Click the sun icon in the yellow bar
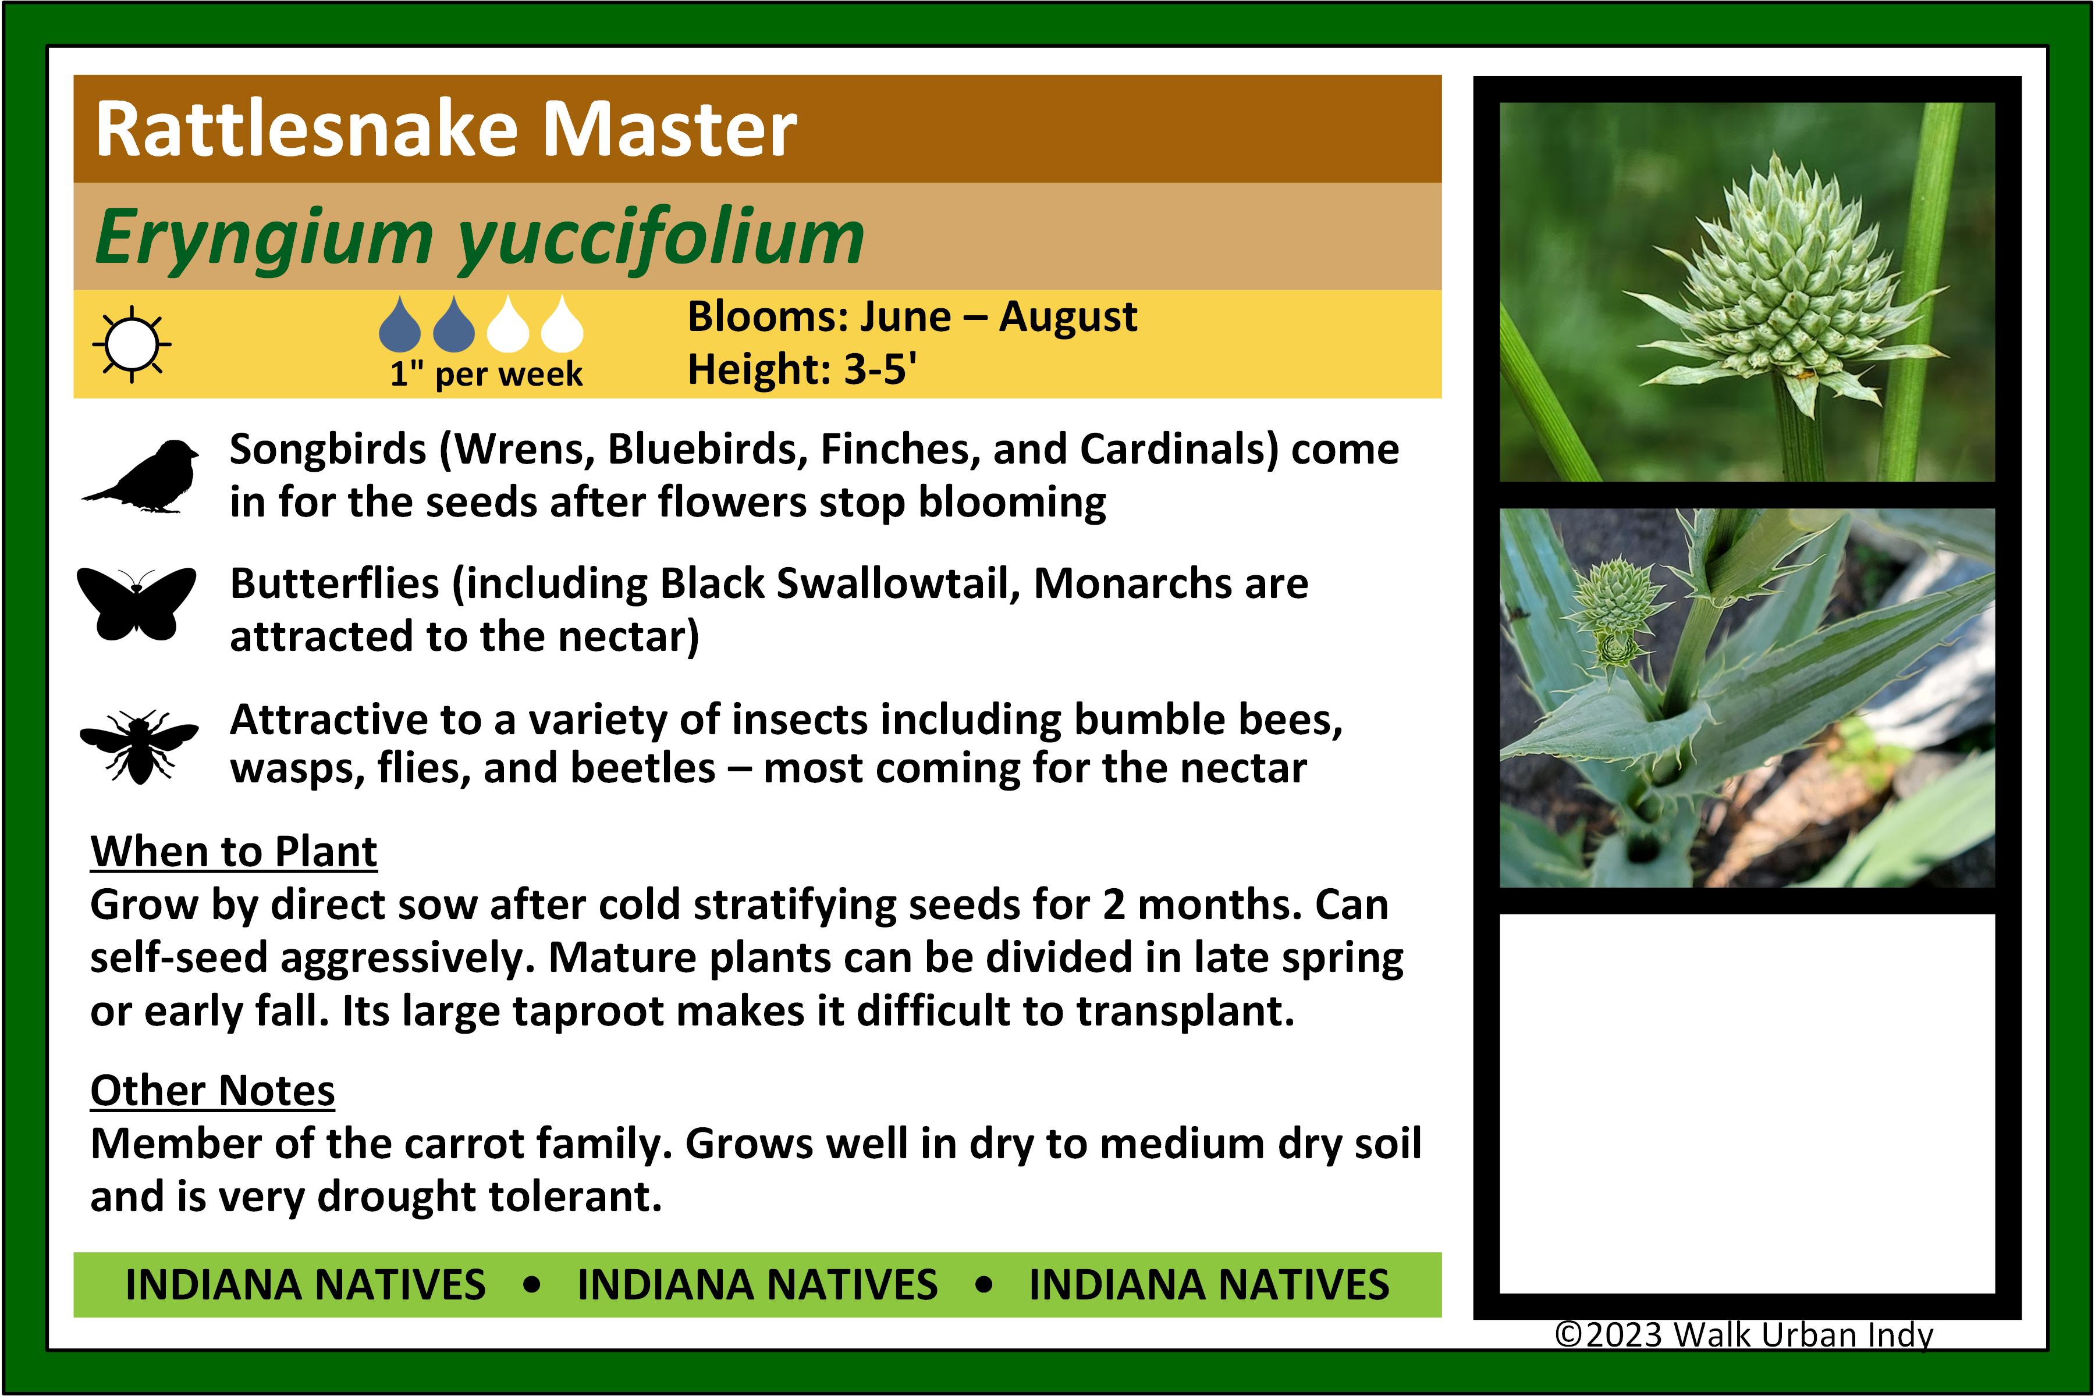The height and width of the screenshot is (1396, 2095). (132, 344)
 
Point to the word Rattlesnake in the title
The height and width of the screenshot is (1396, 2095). (307, 130)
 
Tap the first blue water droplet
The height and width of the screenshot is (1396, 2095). (399, 323)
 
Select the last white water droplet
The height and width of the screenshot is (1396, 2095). (562, 323)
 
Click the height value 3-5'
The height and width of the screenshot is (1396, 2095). (880, 369)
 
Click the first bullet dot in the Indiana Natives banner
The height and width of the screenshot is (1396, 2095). (532, 1285)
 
